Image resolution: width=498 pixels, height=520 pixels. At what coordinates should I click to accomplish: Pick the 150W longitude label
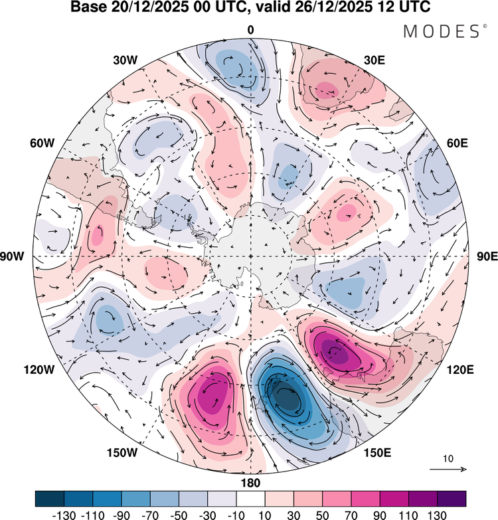click(122, 453)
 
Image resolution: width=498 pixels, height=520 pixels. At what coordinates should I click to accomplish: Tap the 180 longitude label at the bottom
click(251, 483)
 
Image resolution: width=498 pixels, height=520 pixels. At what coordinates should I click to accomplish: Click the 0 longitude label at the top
click(251, 30)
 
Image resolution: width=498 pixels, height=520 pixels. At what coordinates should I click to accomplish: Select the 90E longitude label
click(487, 257)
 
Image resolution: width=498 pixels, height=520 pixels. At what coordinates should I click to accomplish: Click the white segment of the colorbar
click(250, 498)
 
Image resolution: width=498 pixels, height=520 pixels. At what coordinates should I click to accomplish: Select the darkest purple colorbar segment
click(452, 498)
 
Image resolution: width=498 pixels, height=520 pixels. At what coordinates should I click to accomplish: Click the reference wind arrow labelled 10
click(449, 470)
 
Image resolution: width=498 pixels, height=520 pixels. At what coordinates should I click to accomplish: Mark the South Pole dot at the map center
click(250, 256)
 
